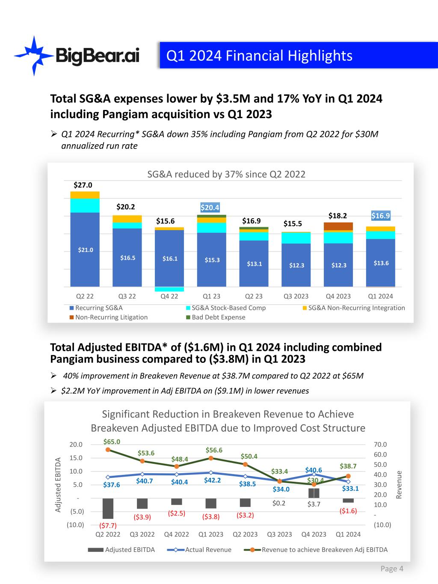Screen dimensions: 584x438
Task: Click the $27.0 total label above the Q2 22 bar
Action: click(x=83, y=185)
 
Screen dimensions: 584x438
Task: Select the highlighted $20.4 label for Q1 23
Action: click(x=210, y=208)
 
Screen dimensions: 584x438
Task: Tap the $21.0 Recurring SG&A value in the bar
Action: click(x=85, y=250)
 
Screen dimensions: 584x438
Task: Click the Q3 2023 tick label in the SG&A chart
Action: click(x=296, y=296)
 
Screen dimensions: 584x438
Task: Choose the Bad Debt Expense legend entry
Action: click(x=218, y=317)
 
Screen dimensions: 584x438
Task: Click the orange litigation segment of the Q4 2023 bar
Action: click(x=338, y=226)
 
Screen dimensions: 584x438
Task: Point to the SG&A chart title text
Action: click(x=226, y=174)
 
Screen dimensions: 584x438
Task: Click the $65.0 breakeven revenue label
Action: click(x=112, y=442)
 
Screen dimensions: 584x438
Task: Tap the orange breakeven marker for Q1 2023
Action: click(x=211, y=458)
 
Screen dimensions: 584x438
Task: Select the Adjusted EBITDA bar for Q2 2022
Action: click(x=108, y=508)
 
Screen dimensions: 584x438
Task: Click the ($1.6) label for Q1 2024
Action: click(x=348, y=511)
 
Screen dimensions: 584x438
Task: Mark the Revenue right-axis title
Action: click(x=399, y=485)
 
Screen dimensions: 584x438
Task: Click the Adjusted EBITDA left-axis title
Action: click(x=58, y=485)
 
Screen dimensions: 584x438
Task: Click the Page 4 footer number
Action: click(x=392, y=569)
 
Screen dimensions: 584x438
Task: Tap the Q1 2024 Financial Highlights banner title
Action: click(x=259, y=56)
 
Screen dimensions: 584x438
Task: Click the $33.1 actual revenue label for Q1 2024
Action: click(x=350, y=488)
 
